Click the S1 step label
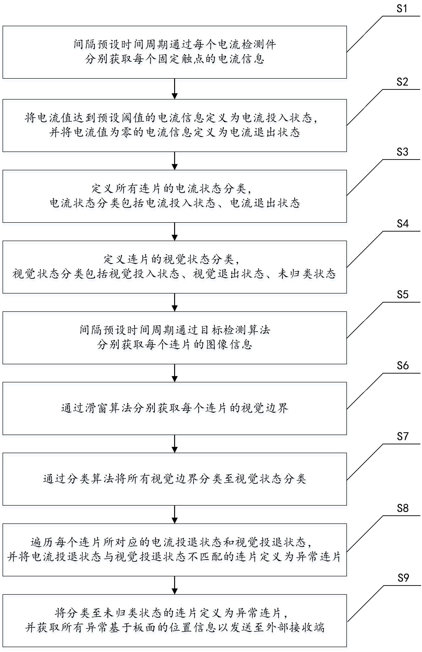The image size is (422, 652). point(402,9)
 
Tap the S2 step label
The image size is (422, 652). point(402,82)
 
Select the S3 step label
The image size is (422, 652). point(402,152)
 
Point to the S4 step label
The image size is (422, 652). point(402,224)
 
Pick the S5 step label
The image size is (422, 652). point(402,295)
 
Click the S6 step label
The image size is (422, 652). point(402,366)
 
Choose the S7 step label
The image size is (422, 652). point(402,436)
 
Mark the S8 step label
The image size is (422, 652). point(402,508)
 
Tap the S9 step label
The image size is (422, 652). point(403,578)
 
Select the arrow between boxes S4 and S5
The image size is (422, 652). point(174,302)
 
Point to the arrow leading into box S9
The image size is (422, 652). point(174,585)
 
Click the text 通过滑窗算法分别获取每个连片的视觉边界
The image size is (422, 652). point(174,408)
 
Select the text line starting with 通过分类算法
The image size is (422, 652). point(174,479)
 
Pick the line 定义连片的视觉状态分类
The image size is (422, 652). point(172,259)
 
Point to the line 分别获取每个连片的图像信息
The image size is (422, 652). point(174,345)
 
